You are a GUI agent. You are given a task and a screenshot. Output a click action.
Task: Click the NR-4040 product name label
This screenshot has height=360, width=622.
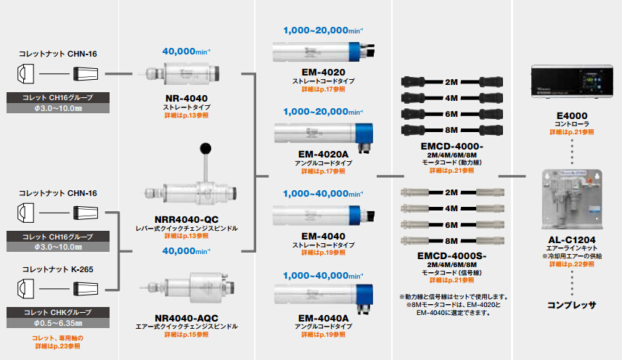[186, 98]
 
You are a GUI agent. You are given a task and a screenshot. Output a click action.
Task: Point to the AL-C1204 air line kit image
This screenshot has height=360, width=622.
[572, 198]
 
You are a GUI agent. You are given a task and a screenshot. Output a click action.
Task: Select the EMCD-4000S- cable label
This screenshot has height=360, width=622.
[452, 255]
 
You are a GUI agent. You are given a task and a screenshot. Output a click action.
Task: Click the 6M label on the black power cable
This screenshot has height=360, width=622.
[451, 112]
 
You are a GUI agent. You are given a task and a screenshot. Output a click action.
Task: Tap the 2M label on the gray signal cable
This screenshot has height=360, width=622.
[451, 192]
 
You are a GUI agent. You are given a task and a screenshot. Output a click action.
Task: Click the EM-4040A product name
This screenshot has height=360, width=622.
[323, 317]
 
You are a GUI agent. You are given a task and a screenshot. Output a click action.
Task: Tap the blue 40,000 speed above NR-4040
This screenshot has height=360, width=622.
[186, 52]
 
